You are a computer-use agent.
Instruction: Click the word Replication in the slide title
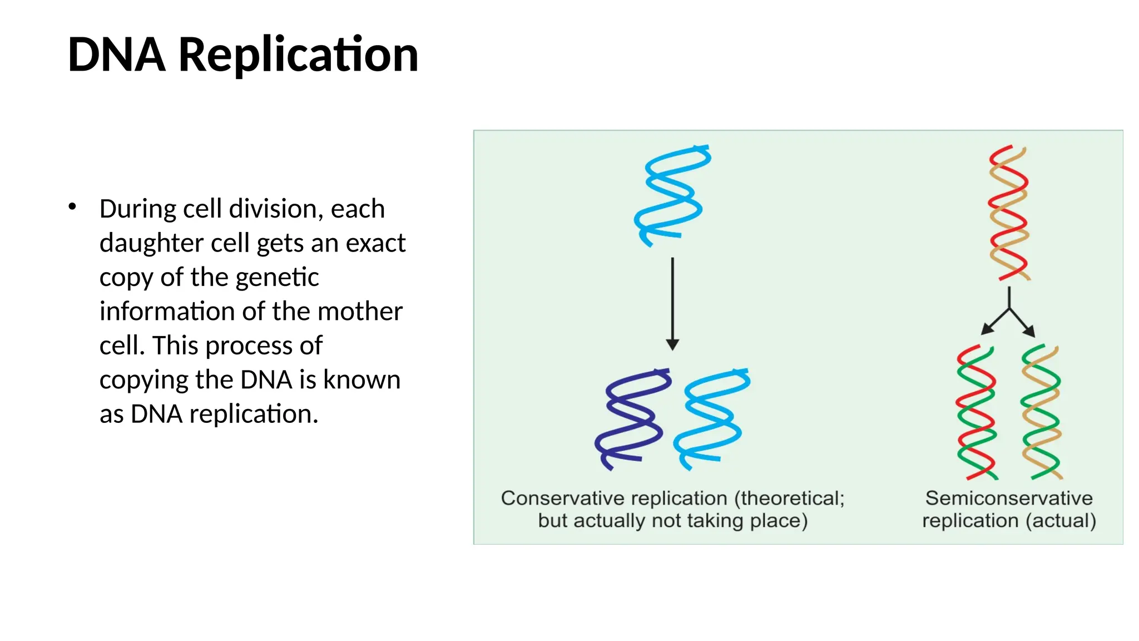click(x=298, y=55)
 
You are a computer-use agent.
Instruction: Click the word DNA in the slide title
click(x=116, y=55)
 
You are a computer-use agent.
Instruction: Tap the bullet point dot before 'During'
click(x=72, y=207)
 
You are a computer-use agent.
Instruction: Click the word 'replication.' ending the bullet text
click(x=254, y=414)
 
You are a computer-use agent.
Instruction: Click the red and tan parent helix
click(x=1009, y=213)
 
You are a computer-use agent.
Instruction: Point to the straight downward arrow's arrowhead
click(x=672, y=344)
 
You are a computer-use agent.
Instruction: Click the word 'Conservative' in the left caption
click(x=558, y=498)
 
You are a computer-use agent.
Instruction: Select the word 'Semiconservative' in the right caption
click(x=1009, y=498)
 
